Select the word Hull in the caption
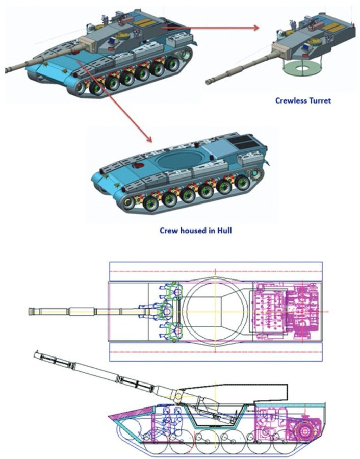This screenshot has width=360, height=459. point(224,231)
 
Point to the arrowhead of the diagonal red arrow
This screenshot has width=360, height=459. point(149,139)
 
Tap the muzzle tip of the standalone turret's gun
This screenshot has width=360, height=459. point(209,82)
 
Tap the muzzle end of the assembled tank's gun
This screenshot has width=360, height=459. point(7,70)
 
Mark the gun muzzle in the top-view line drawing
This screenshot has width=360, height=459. point(30,311)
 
